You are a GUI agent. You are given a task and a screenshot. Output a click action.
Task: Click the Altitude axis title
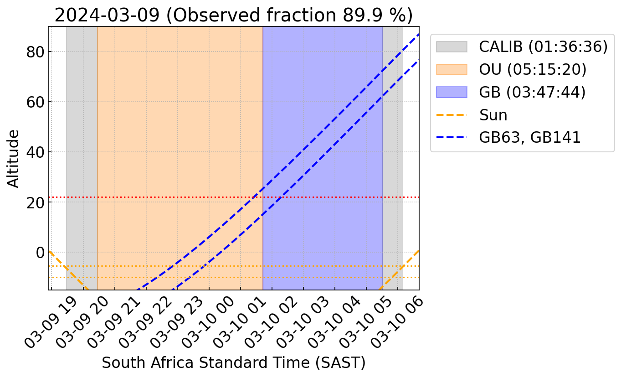click(14, 158)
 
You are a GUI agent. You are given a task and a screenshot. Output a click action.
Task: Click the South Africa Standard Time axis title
click(233, 362)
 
